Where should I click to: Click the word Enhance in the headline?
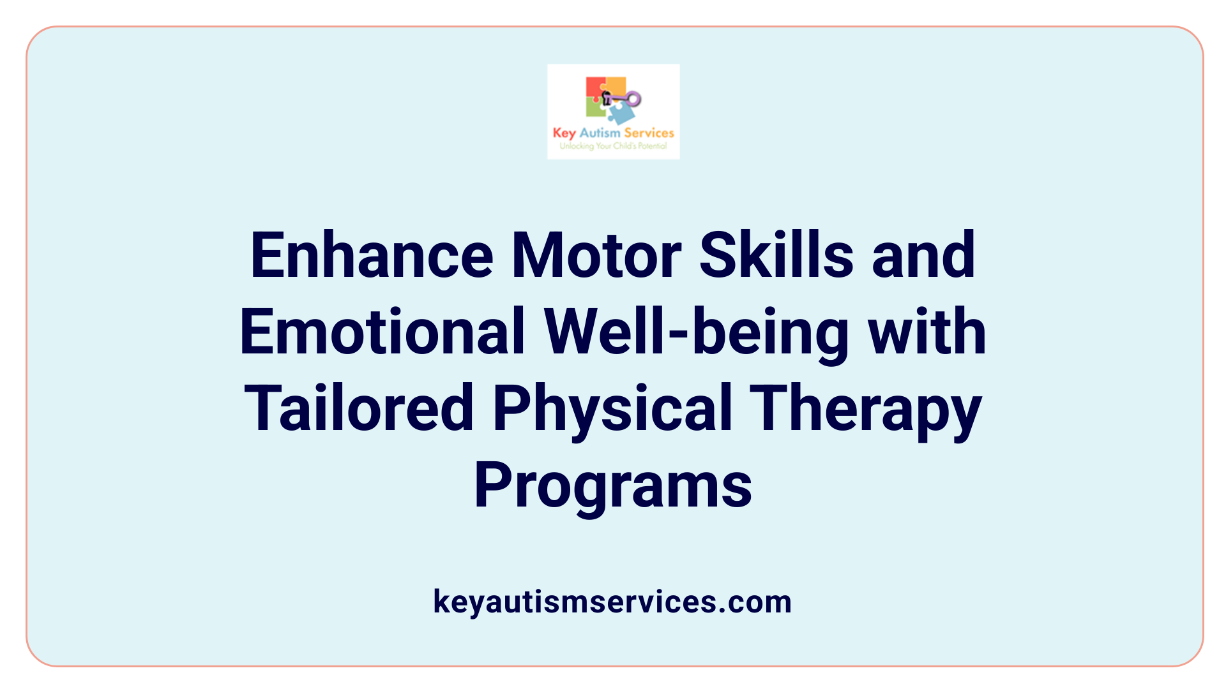pos(372,256)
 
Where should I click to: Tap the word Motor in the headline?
pos(596,256)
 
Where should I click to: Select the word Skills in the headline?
pos(776,256)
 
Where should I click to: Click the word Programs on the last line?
pos(613,486)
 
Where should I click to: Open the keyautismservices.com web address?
pos(612,602)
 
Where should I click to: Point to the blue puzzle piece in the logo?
pos(621,114)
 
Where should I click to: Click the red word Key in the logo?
pos(564,133)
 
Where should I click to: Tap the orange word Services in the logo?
pos(649,133)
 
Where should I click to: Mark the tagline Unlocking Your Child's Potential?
pos(613,146)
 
